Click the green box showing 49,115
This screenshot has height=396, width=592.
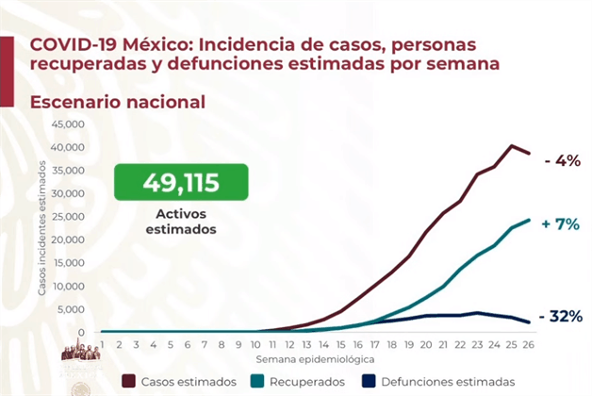click(x=181, y=182)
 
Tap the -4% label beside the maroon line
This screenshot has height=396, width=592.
click(x=562, y=161)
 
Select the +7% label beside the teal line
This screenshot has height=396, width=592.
click(x=561, y=224)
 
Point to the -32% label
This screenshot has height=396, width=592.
click(x=561, y=317)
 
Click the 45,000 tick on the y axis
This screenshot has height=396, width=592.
click(x=68, y=124)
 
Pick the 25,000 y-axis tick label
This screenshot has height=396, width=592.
click(x=68, y=217)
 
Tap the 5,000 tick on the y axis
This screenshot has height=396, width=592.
click(x=71, y=309)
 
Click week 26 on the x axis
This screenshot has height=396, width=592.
click(x=528, y=345)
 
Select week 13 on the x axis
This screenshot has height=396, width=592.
click(x=306, y=345)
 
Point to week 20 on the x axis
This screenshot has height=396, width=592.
click(x=426, y=345)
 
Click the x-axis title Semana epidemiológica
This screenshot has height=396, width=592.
click(x=315, y=359)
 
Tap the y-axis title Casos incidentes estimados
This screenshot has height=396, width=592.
click(x=41, y=228)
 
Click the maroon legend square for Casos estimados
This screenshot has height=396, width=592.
click(x=129, y=381)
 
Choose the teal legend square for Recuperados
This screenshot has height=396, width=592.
click(x=257, y=381)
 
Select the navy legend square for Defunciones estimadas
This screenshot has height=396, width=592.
click(x=369, y=381)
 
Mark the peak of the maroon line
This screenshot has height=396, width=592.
click(x=511, y=146)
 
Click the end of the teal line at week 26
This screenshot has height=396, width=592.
click(x=529, y=220)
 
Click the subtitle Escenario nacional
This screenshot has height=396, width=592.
click(x=118, y=102)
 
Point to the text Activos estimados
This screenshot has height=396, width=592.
click(x=181, y=222)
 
